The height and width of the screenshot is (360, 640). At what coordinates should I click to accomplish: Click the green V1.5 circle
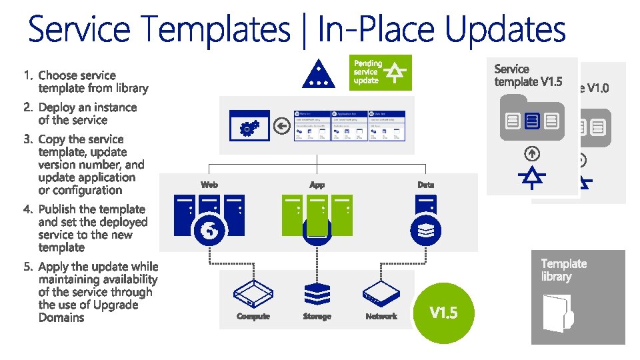pyautogui.click(x=443, y=312)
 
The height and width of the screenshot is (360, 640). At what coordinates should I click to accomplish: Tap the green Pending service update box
pyautogui.click(x=381, y=72)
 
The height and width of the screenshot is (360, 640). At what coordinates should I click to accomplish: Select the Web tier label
pyautogui.click(x=209, y=184)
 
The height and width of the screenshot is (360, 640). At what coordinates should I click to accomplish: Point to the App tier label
pyautogui.click(x=317, y=184)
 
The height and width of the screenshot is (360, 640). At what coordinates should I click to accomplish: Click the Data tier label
pyautogui.click(x=425, y=184)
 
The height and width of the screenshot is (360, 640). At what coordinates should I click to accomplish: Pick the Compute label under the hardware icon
pyautogui.click(x=253, y=316)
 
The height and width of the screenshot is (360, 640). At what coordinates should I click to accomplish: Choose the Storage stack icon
pyautogui.click(x=317, y=294)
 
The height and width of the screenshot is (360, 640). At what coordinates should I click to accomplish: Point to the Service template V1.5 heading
pyautogui.click(x=528, y=75)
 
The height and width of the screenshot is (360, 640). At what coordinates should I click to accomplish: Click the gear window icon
pyautogui.click(x=248, y=127)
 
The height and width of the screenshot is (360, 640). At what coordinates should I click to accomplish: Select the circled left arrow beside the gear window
pyautogui.click(x=282, y=127)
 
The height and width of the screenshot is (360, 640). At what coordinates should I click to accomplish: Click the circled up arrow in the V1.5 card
pyautogui.click(x=531, y=153)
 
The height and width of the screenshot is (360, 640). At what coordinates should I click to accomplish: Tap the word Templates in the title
pyautogui.click(x=216, y=31)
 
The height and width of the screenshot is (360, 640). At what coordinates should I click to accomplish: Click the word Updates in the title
pyautogui.click(x=504, y=31)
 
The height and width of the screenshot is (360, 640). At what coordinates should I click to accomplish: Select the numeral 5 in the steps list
pyautogui.click(x=27, y=267)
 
